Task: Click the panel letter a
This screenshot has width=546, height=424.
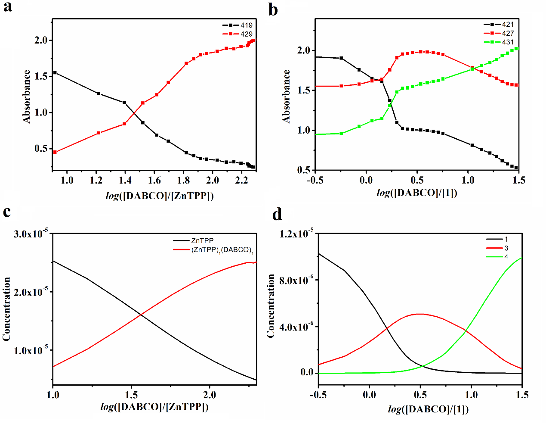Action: [7, 7]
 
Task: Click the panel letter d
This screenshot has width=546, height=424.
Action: [278, 214]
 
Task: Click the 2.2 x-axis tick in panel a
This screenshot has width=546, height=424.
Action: [242, 180]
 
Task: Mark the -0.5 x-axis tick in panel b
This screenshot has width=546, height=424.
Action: [315, 180]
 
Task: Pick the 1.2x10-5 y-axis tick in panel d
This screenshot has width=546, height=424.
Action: [296, 234]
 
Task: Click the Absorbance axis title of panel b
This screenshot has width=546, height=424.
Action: [286, 96]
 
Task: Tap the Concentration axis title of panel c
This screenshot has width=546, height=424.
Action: [6, 309]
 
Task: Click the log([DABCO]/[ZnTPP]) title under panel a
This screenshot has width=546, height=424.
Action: [160, 196]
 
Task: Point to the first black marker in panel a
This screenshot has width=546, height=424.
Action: [55, 73]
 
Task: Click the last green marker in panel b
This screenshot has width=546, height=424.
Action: [516, 48]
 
